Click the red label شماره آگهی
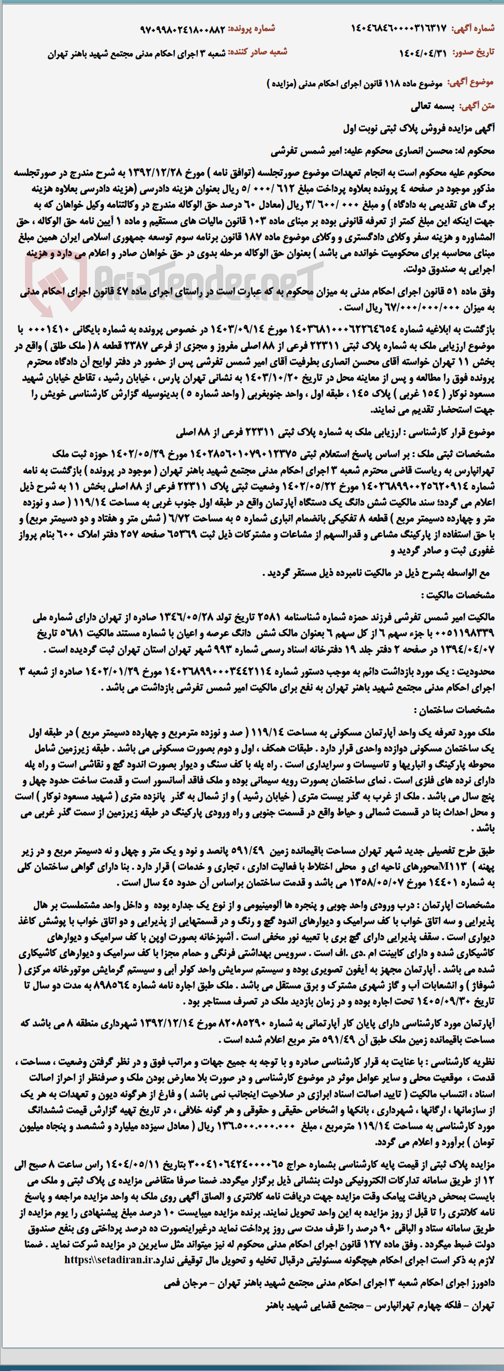click(473, 29)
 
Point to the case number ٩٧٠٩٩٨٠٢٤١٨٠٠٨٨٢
click(183, 29)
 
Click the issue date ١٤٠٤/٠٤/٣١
click(423, 53)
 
